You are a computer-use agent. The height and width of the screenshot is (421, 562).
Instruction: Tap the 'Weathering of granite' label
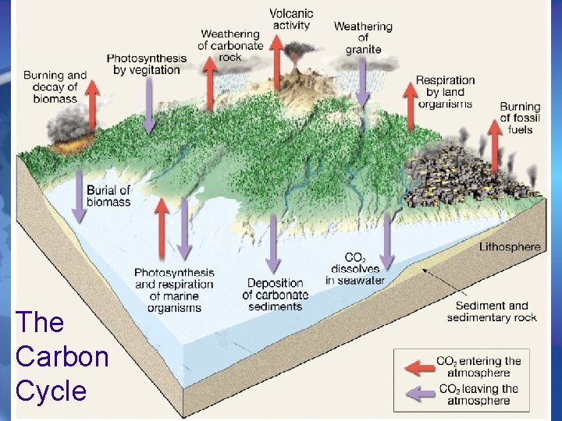pyautogui.click(x=363, y=37)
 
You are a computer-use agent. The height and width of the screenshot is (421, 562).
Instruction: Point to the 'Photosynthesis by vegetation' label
pyautogui.click(x=147, y=64)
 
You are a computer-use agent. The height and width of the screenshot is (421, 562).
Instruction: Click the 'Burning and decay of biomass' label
pyautogui.click(x=55, y=87)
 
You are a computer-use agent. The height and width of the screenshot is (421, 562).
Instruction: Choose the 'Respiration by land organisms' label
pyautogui.click(x=445, y=92)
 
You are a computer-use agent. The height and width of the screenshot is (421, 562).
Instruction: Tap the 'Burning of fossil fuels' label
pyautogui.click(x=520, y=118)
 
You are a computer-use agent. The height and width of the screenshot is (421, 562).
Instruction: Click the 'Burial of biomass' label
pyautogui.click(x=108, y=196)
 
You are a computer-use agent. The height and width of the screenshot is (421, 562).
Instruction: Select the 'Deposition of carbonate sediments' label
pyautogui.click(x=275, y=294)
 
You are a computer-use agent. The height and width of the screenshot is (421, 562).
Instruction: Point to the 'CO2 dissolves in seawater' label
pyautogui.click(x=355, y=268)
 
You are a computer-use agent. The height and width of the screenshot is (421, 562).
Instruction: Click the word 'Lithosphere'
pyautogui.click(x=509, y=247)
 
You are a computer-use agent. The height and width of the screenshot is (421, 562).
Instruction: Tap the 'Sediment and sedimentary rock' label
pyautogui.click(x=492, y=311)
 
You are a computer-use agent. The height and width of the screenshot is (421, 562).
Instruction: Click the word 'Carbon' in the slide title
pyautogui.click(x=62, y=356)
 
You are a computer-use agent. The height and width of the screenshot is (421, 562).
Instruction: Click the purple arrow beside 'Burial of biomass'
pyautogui.click(x=79, y=194)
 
